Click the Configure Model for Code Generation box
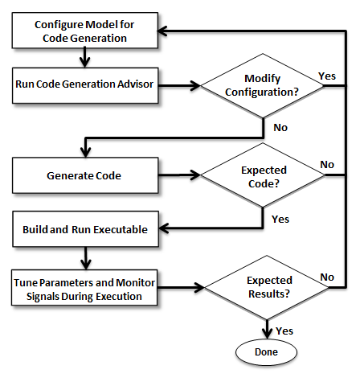[x=85, y=31]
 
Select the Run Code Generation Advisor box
[x=85, y=85]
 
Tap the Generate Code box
[x=85, y=175]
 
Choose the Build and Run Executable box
[x=85, y=229]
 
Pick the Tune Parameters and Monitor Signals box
[x=84, y=288]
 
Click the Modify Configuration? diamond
[x=263, y=86]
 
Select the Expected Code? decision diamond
[x=263, y=175]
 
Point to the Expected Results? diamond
[x=267, y=288]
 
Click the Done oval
[x=267, y=352]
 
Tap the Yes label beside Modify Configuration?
[x=327, y=76]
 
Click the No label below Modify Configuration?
[x=280, y=128]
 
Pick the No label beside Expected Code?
[x=327, y=165]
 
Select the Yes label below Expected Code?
[x=280, y=220]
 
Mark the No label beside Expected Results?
[x=327, y=277]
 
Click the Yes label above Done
[x=284, y=331]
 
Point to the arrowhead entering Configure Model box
[x=162, y=31]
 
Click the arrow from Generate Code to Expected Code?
[x=179, y=175]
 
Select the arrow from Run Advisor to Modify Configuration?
[x=179, y=86]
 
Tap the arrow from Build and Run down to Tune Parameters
[x=86, y=258]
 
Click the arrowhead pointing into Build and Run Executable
[x=163, y=228]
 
